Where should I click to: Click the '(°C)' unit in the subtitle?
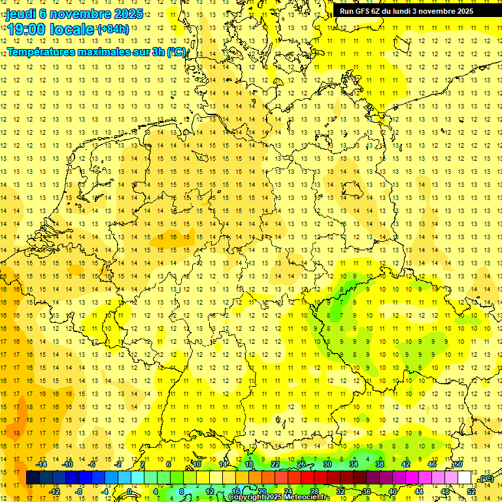point(176,52)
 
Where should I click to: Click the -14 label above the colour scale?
point(43,464)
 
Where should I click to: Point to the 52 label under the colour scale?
point(471,491)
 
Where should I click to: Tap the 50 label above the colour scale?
point(458,464)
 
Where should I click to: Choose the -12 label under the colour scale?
point(55,491)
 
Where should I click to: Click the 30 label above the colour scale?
point(327,464)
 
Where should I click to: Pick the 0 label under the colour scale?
point(129,491)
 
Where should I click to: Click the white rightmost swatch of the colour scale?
point(464,478)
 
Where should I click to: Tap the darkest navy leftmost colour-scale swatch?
point(33,478)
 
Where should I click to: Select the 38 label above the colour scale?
point(379,464)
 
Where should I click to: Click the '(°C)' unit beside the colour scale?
point(486,478)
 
